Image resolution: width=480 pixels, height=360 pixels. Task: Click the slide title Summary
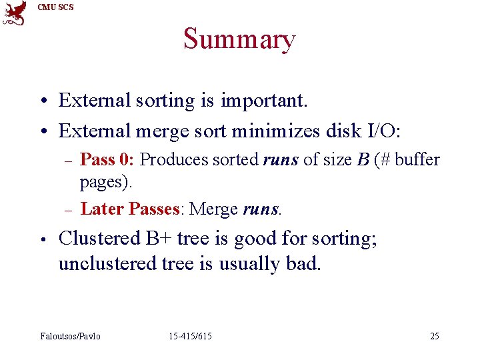coord(239,39)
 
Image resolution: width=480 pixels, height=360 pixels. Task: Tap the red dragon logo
coord(15,13)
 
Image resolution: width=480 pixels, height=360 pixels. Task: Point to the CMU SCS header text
coord(56,7)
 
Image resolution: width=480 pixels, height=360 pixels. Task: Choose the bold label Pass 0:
coord(108,160)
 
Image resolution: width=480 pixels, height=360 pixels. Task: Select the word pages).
coord(107,181)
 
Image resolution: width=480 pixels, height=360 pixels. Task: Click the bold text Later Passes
coord(130,209)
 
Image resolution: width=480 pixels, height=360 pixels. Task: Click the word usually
coord(248,264)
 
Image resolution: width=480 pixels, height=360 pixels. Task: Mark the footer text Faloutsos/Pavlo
coord(71,336)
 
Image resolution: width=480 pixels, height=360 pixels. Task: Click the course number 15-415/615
coord(190,336)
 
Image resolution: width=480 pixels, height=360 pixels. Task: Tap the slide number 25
coord(434,336)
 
